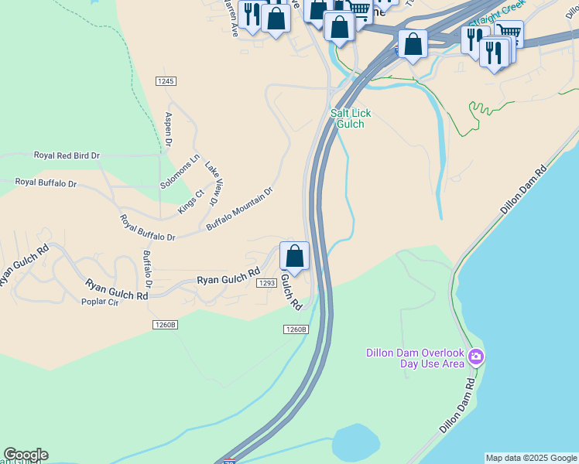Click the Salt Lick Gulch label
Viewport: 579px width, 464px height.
pos(351,118)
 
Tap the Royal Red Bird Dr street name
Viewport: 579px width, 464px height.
pos(67,155)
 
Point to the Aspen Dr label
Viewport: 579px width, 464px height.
pos(168,129)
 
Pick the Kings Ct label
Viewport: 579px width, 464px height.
pos(190,200)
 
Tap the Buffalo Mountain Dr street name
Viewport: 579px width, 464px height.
pos(240,209)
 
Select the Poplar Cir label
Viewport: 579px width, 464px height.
pos(100,302)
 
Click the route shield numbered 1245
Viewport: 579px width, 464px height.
pos(166,81)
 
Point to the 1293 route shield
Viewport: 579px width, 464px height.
pos(267,283)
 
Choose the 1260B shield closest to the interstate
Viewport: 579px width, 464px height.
pos(296,329)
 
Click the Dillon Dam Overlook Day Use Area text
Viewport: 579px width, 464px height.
pos(415,359)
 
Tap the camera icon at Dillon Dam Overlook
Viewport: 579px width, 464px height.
pos(476,357)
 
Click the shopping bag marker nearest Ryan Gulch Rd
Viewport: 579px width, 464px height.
pos(294,256)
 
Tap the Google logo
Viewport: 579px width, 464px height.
pos(26,455)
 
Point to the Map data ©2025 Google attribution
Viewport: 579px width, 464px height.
pos(531,458)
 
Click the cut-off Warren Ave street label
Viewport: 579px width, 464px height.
pos(230,15)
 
